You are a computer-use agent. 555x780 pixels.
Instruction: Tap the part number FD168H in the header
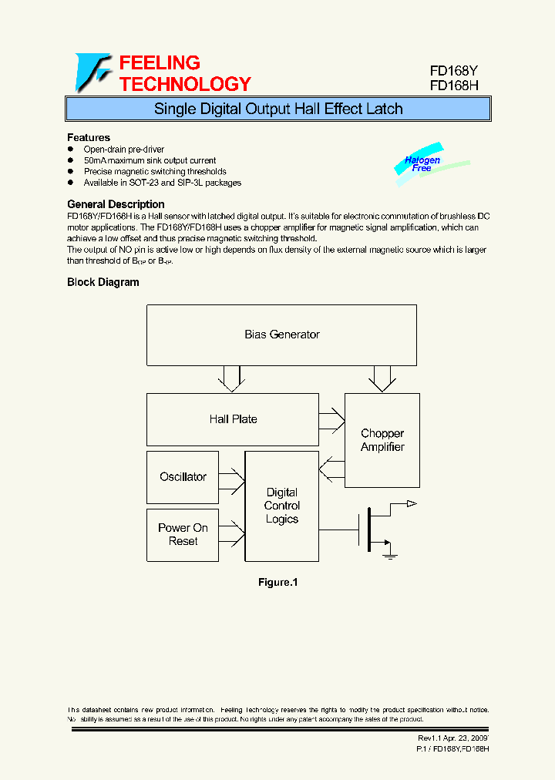454,86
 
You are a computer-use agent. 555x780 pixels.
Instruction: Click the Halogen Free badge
422,164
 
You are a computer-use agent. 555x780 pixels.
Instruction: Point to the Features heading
89,137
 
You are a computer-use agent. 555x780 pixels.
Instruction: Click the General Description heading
116,204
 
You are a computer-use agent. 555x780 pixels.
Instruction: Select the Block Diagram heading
103,282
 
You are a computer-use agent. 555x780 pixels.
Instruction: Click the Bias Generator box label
281,335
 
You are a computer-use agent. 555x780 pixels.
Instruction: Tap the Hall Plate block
233,419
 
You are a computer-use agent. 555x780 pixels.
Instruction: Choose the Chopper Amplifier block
382,440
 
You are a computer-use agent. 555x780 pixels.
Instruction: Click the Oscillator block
183,477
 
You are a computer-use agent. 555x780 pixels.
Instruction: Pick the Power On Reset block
183,535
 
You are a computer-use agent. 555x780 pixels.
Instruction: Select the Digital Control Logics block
281,506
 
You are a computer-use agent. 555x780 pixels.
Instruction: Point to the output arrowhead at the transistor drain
412,503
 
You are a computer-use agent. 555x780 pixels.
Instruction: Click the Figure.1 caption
277,583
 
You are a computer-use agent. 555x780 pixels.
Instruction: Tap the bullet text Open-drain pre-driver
124,150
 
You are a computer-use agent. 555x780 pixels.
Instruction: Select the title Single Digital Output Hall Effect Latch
278,109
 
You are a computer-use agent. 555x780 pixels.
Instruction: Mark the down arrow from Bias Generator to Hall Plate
231,378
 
